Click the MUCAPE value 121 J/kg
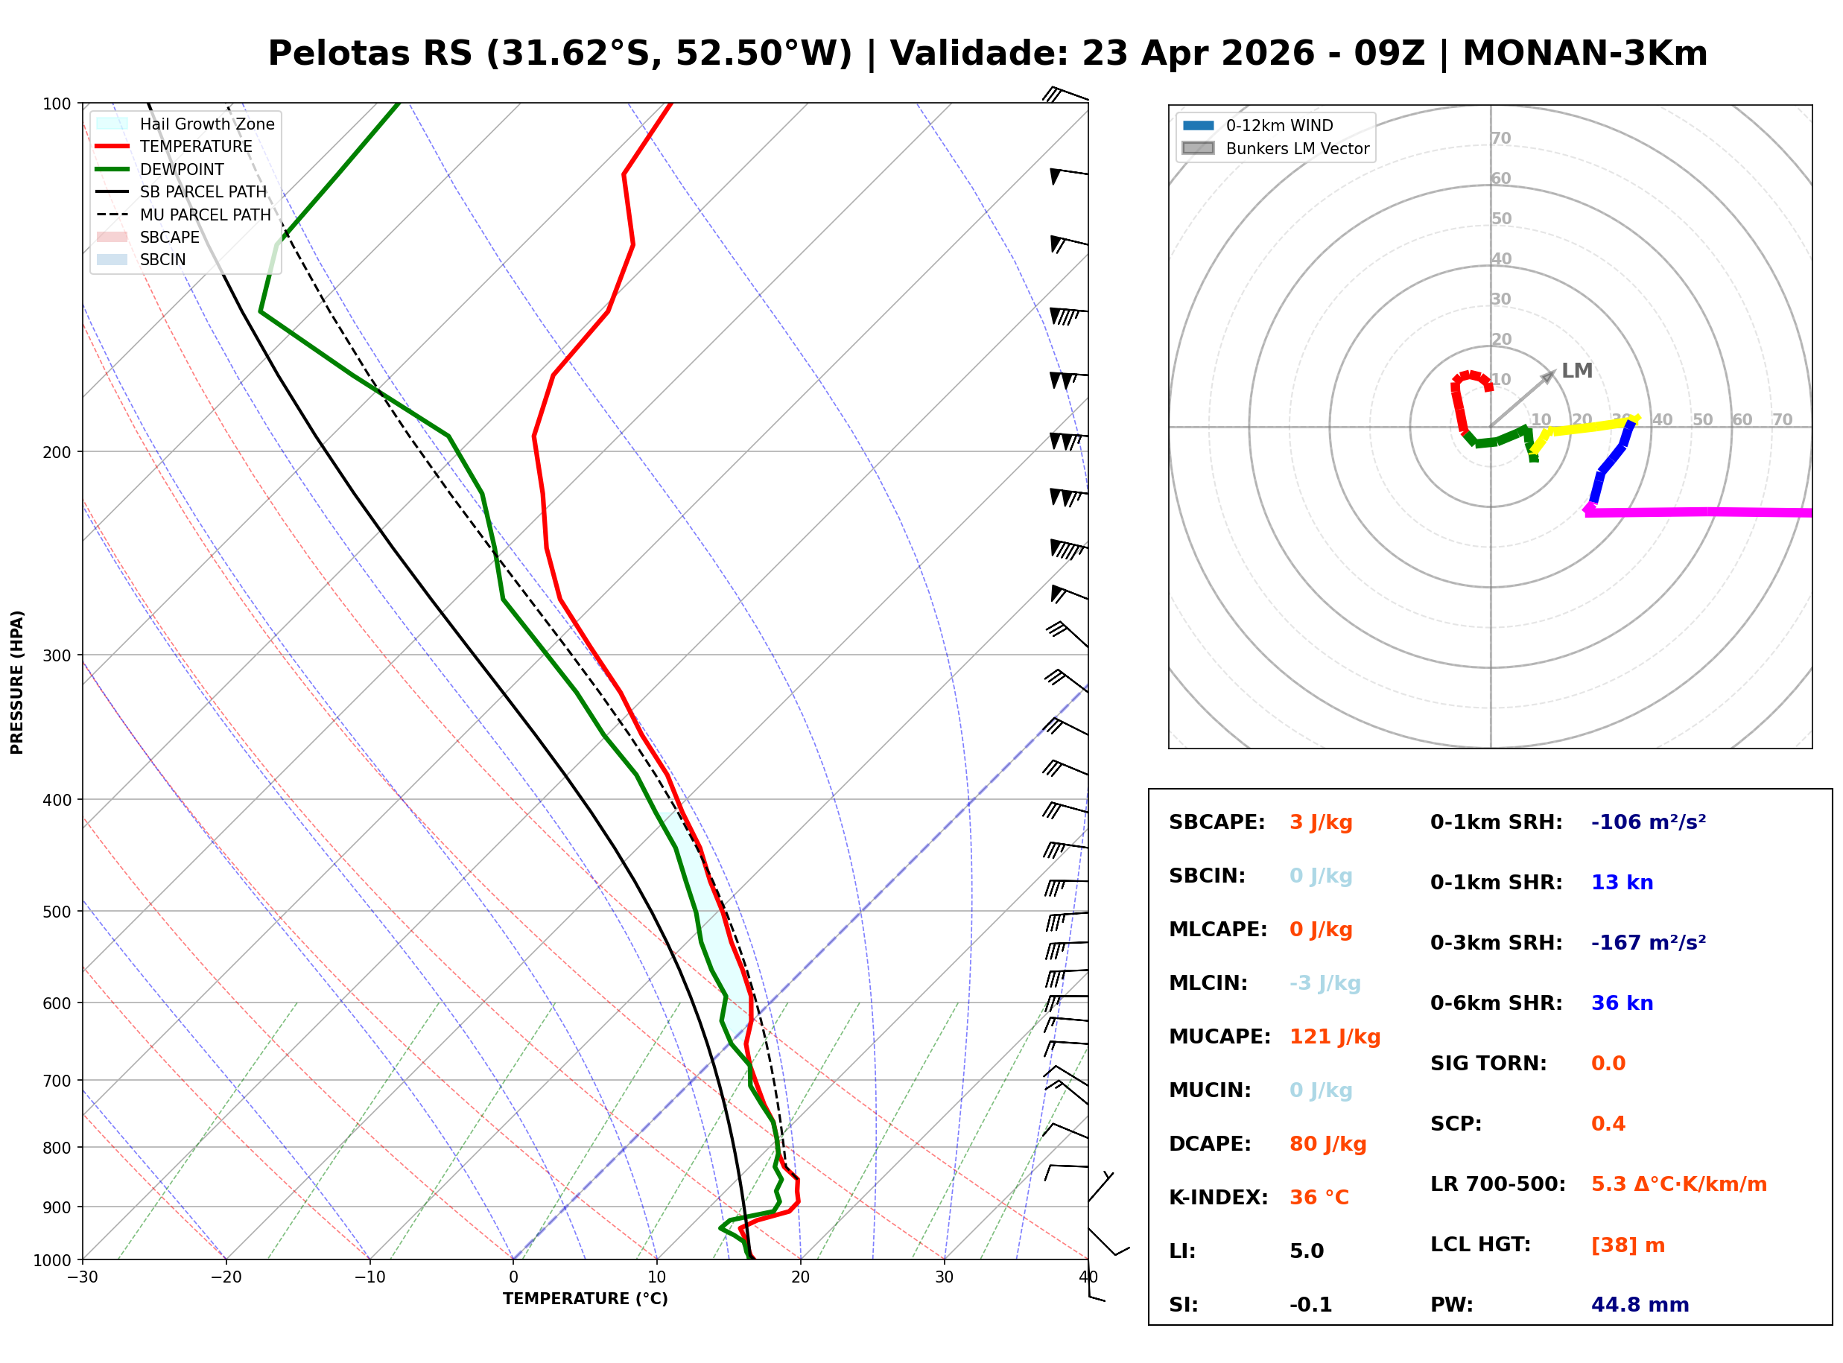1334,1036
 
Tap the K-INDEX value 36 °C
1319,1197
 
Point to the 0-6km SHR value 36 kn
1621,1003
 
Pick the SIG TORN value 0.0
1607,1064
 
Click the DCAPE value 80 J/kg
1327,1143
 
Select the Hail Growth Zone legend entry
206,124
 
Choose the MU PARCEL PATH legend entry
205,215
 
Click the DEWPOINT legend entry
182,169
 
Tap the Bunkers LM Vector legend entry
1296,148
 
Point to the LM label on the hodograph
1576,370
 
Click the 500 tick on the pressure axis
57,912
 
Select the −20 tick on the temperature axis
226,1277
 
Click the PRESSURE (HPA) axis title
17,682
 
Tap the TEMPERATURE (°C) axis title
585,1299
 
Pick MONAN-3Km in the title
1584,54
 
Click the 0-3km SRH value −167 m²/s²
1648,942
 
